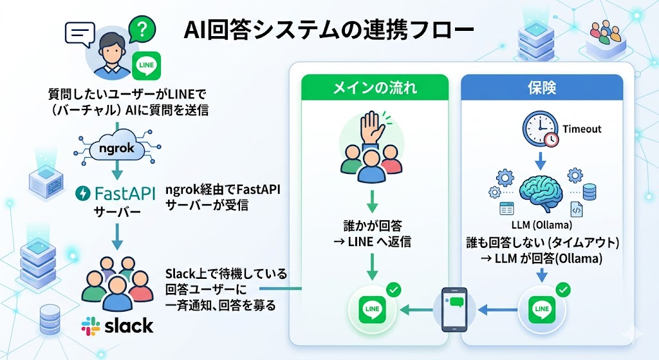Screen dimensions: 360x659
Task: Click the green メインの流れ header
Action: pyautogui.click(x=375, y=87)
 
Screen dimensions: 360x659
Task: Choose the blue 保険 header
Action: pyautogui.click(x=542, y=87)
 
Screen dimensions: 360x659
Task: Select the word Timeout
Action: pyautogui.click(x=582, y=129)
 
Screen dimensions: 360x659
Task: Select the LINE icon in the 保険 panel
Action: pyautogui.click(x=541, y=310)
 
